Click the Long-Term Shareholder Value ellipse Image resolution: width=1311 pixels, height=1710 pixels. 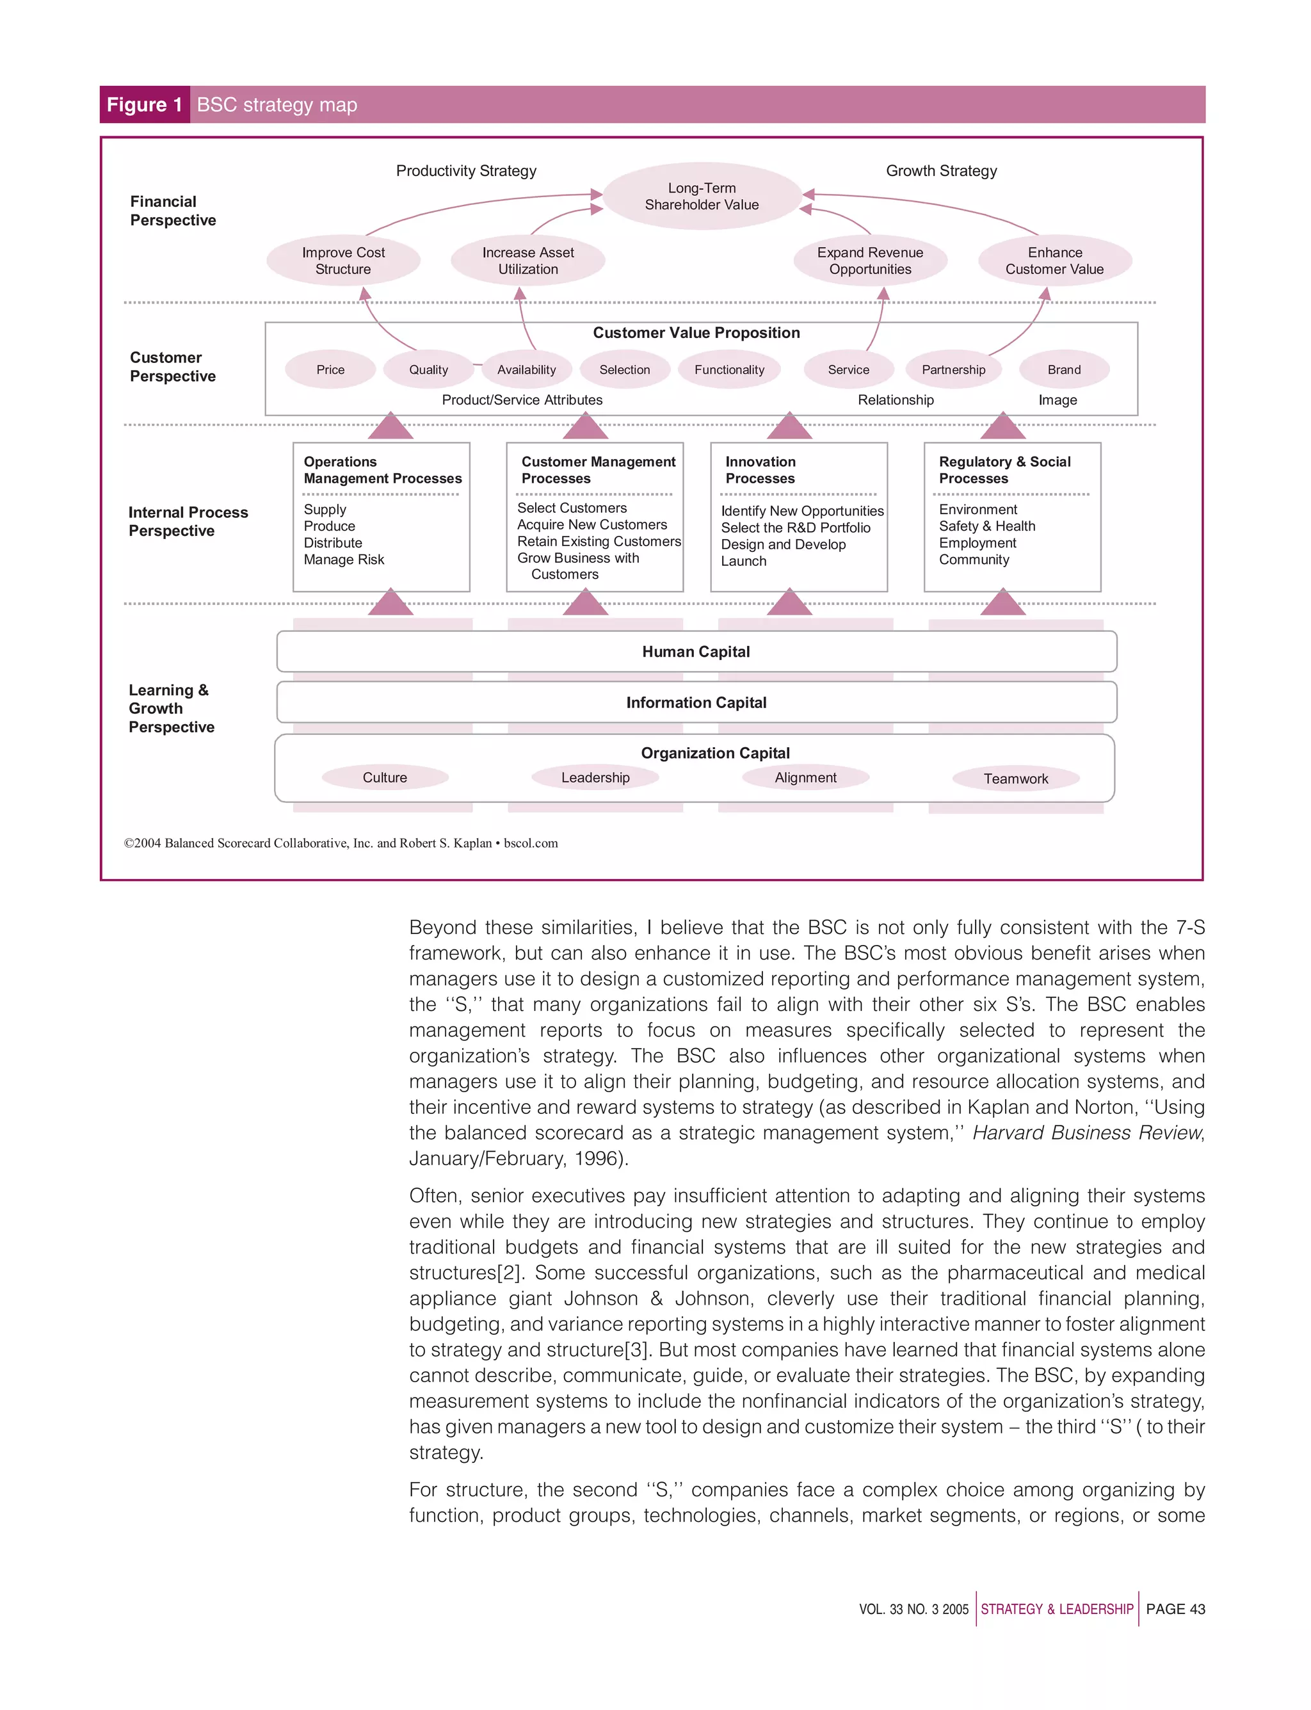click(x=702, y=196)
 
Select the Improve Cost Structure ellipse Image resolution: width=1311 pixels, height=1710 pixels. click(x=343, y=261)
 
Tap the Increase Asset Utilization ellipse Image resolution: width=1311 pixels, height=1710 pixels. click(x=527, y=261)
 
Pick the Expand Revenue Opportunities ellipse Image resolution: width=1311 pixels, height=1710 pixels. click(x=869, y=261)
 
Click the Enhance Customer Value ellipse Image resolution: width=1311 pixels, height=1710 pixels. click(x=1054, y=261)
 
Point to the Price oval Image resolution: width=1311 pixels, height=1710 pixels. click(x=330, y=370)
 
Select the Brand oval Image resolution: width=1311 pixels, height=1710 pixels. click(x=1064, y=370)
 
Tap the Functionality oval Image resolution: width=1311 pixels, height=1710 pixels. click(x=729, y=370)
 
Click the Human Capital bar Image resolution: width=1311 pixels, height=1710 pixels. click(x=696, y=652)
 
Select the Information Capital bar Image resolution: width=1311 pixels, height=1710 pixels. click(x=696, y=702)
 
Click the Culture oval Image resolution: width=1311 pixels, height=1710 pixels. click(x=385, y=777)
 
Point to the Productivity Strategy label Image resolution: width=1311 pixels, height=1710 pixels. click(x=466, y=171)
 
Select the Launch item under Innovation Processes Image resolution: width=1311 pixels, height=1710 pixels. click(x=743, y=561)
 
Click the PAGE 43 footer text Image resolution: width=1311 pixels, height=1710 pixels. click(x=1175, y=1609)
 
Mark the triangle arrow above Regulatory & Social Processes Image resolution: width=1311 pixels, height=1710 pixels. click(x=1002, y=428)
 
